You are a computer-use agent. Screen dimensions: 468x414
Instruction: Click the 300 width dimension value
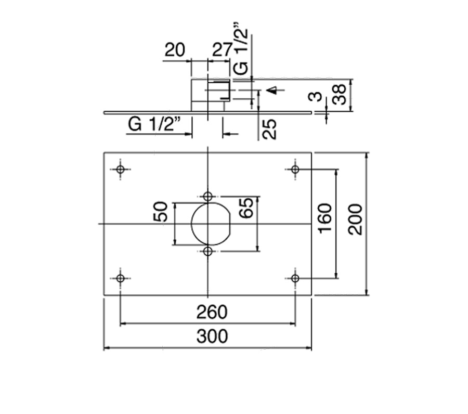point(212,337)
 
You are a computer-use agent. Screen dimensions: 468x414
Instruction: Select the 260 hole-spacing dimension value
point(212,312)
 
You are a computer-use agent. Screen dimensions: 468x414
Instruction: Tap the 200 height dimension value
point(356,219)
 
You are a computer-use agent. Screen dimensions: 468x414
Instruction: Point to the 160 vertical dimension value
point(325,218)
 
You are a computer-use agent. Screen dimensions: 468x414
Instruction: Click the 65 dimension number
point(246,208)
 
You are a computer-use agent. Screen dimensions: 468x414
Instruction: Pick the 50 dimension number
point(160,212)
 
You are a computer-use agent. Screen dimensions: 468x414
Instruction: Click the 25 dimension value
point(269,129)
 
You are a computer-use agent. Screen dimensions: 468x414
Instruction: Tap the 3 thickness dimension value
point(316,96)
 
